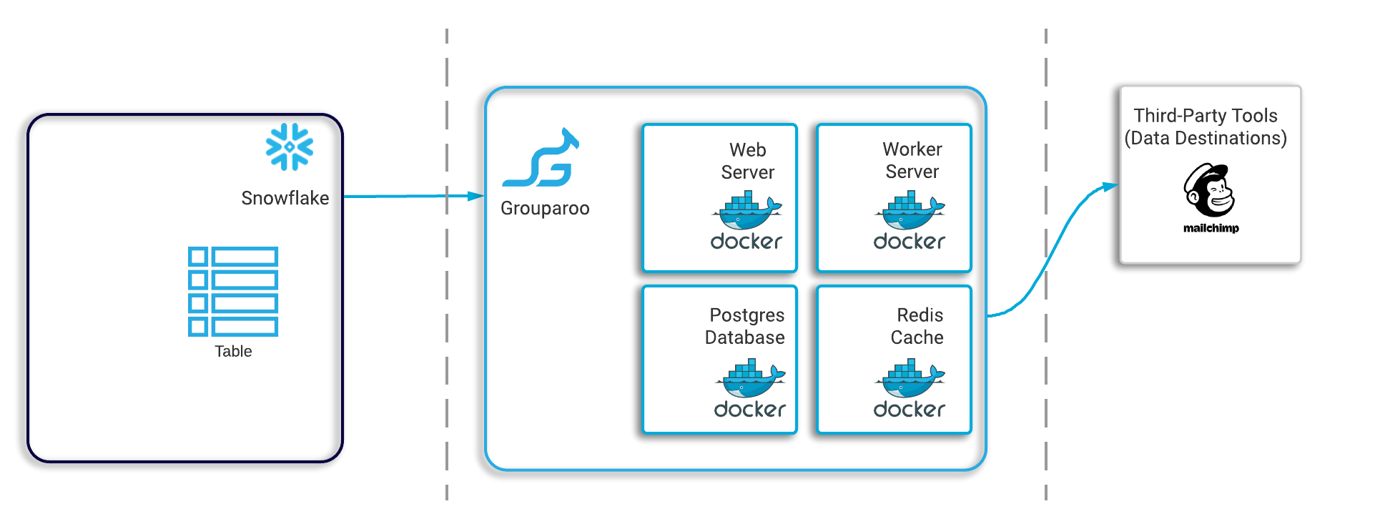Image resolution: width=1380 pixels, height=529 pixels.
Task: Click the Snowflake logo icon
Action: coord(290,147)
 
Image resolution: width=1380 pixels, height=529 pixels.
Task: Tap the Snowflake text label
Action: coord(285,198)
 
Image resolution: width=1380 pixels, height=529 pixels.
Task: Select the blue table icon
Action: coord(233,292)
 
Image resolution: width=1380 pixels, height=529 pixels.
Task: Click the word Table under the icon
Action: coord(233,351)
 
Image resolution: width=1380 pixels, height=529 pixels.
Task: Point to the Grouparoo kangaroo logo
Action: coord(541,158)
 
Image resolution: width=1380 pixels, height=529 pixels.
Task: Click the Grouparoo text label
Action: coord(545,208)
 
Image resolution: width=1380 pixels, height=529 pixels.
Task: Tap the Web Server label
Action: coord(748,161)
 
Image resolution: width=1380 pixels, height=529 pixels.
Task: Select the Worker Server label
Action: coord(912,160)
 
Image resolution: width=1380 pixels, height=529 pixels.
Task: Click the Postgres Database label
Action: coord(745,326)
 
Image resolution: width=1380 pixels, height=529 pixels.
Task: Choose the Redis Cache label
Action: coord(917,326)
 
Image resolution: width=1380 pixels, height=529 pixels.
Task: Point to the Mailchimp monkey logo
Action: coord(1209,190)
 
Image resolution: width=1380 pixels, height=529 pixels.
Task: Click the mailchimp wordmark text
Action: coord(1211,228)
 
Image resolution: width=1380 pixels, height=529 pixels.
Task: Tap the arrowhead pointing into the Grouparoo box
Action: coord(476,196)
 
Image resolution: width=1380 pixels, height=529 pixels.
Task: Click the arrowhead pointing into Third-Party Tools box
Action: coord(1110,187)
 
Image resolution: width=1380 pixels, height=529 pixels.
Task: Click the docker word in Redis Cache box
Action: coord(910,409)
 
